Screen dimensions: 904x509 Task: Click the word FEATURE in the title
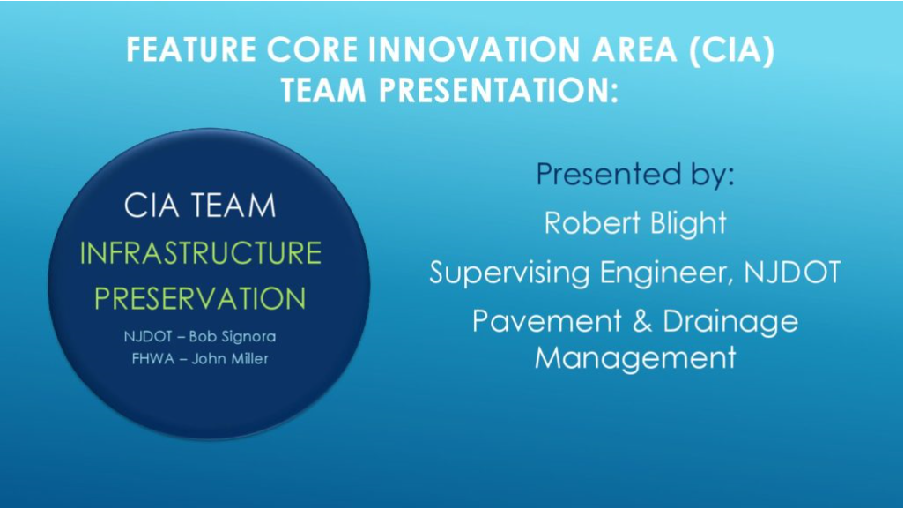[x=191, y=49]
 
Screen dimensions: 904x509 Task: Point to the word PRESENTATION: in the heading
[x=498, y=91]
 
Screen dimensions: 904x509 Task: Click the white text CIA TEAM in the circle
[x=200, y=206]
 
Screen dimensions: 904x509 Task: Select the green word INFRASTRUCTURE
[x=201, y=253]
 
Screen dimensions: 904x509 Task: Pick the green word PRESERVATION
[x=200, y=298]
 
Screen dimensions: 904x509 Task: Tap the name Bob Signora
[x=233, y=336]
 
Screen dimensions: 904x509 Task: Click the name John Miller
[x=230, y=359]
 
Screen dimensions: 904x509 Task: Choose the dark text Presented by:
[x=635, y=174]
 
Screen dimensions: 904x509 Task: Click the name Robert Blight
[x=635, y=223]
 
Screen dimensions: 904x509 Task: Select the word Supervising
[x=509, y=273]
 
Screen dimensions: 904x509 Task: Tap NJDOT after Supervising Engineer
[x=792, y=272]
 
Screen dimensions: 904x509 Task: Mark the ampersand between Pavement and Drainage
[x=641, y=321]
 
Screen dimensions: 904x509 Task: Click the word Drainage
[x=730, y=322]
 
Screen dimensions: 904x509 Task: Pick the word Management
[x=635, y=358]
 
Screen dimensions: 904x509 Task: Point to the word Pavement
[x=547, y=321]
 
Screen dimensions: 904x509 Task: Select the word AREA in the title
[x=634, y=49]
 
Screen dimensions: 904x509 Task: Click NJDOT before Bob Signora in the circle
[x=148, y=336]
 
